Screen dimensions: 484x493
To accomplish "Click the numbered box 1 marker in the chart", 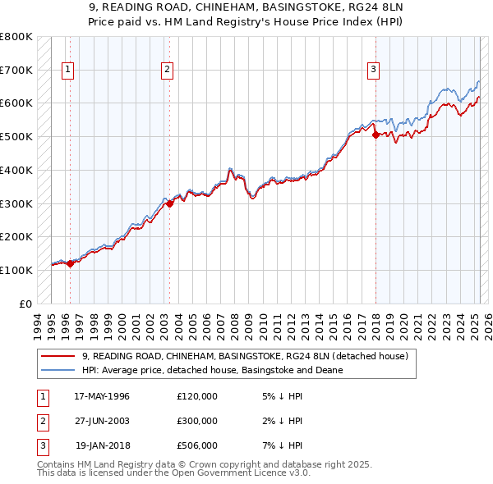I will (x=67, y=70).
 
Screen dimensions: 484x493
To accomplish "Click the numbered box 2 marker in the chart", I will (x=167, y=70).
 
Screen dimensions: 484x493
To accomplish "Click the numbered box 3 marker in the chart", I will (x=373, y=70).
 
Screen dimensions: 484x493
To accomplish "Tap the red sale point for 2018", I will (x=376, y=135).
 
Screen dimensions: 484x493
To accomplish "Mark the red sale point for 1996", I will (x=71, y=263).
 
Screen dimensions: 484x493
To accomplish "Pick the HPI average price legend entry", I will (x=211, y=370).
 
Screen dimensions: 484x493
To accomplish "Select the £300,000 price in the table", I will (x=197, y=421).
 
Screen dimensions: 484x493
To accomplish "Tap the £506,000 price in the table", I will (x=197, y=445).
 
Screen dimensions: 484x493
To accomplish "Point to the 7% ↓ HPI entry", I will (x=280, y=445).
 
